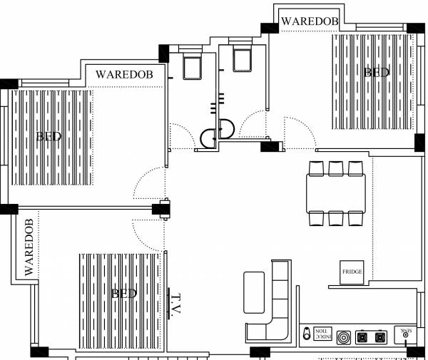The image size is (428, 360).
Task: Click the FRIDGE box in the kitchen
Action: (x=352, y=272)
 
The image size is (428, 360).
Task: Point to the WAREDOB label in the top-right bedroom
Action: (x=309, y=21)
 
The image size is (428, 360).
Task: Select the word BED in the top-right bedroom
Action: (x=376, y=72)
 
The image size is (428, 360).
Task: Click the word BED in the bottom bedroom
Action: (x=123, y=293)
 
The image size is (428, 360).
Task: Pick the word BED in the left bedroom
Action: (x=49, y=136)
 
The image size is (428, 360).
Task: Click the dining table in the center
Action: (x=336, y=193)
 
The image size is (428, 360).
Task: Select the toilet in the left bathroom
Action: (x=193, y=65)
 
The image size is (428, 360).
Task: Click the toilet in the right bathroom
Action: (x=242, y=58)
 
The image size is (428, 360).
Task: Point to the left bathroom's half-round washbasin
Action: (x=208, y=137)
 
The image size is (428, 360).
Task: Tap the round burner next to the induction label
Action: (x=344, y=336)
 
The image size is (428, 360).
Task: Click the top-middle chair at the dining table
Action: (x=336, y=168)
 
